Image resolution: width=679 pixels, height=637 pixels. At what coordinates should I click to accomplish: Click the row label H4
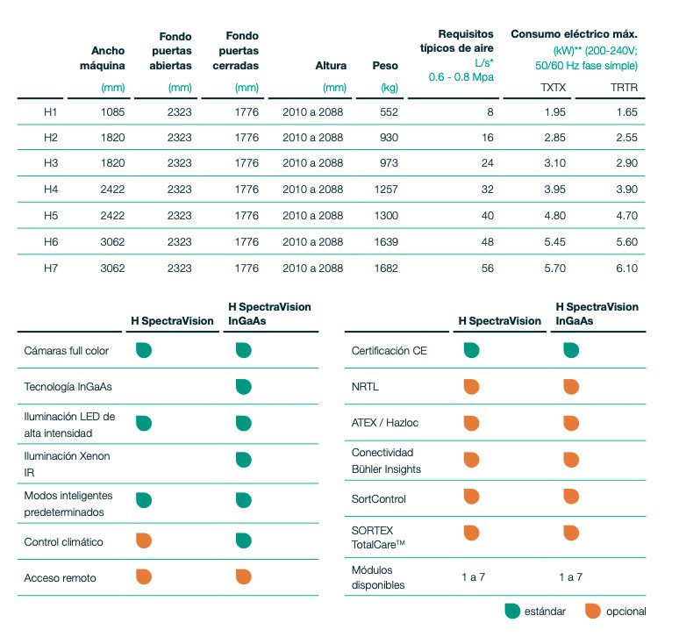pyautogui.click(x=50, y=190)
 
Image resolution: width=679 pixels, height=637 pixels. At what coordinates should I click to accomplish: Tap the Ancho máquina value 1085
pyautogui.click(x=111, y=113)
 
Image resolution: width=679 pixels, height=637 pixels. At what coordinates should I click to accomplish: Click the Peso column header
pyautogui.click(x=385, y=66)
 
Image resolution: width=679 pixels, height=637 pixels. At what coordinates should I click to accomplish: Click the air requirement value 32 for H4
pyautogui.click(x=487, y=190)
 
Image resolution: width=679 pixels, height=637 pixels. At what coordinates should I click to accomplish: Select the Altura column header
pyautogui.click(x=331, y=66)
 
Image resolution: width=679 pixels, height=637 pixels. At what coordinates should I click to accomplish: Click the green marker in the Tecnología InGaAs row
pyautogui.click(x=243, y=386)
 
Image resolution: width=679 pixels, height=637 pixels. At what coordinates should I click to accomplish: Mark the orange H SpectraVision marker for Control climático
pyautogui.click(x=144, y=540)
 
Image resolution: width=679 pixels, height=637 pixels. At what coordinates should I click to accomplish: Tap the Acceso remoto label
pyautogui.click(x=60, y=578)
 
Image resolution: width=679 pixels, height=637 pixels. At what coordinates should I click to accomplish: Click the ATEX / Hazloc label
pyautogui.click(x=385, y=423)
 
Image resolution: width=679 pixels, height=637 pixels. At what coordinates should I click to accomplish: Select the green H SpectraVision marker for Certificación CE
pyautogui.click(x=471, y=350)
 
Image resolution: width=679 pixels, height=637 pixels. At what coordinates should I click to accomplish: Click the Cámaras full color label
pyautogui.click(x=66, y=351)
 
